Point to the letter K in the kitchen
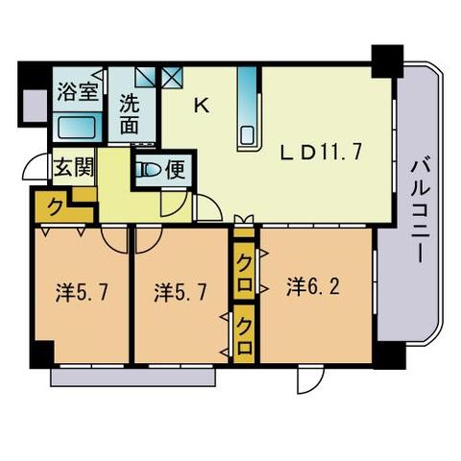(202, 106)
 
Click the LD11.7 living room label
(320, 152)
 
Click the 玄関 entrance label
(74, 168)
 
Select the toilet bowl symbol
(151, 172)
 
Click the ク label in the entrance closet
(57, 206)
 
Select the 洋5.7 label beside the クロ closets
(178, 292)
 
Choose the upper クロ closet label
(245, 261)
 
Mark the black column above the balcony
(387, 60)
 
